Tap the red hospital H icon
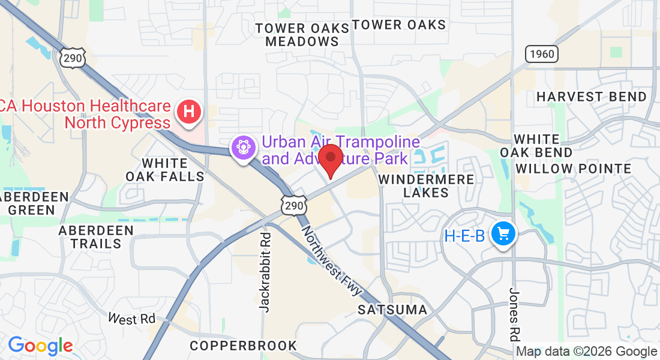coord(189,112)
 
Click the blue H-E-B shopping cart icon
coord(503,234)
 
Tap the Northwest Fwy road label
coord(332,260)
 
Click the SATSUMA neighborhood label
coord(392,310)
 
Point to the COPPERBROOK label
coord(243,346)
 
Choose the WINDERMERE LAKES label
coord(426,186)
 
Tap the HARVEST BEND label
coord(592,97)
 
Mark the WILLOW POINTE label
coord(574,169)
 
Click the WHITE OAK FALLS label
coord(165,170)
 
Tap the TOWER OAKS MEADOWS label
coord(302,35)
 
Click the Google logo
coord(40,346)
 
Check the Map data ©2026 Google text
coord(587,352)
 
